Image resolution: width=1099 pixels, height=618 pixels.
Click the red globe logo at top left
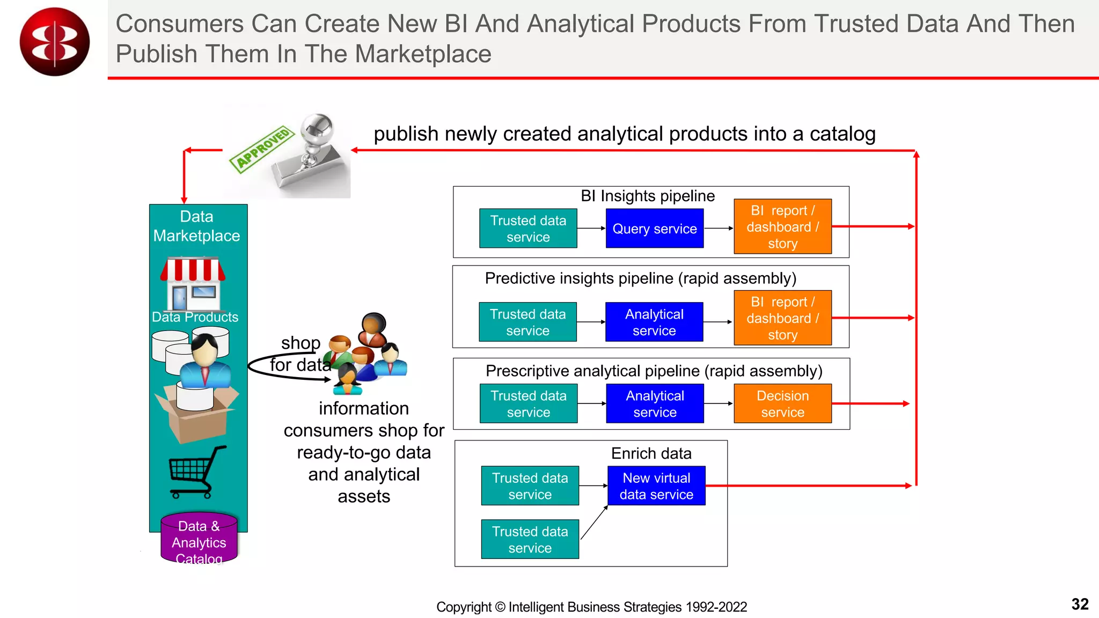click(x=54, y=42)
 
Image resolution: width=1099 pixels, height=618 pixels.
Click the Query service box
click(x=654, y=229)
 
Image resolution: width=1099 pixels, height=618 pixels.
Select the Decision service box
click(x=782, y=403)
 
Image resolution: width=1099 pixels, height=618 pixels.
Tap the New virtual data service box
click(x=656, y=485)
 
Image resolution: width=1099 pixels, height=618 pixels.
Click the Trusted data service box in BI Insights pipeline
click(x=528, y=229)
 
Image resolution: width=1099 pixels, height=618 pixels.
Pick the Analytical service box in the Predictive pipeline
click(x=654, y=322)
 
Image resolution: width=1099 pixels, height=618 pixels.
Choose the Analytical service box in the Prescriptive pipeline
click(x=655, y=403)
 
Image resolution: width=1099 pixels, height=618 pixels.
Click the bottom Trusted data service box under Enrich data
click(x=530, y=539)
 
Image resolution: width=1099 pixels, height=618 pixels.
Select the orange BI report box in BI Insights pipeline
click(x=782, y=226)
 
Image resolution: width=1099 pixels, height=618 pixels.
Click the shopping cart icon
click(x=196, y=471)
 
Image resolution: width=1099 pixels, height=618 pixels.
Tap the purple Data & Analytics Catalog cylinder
click(x=199, y=539)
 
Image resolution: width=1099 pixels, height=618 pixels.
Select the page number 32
click(x=1079, y=604)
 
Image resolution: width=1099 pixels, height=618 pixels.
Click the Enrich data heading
click(x=651, y=453)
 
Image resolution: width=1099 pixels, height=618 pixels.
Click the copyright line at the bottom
click(x=591, y=607)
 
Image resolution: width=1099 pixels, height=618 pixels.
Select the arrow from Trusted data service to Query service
click(x=591, y=229)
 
